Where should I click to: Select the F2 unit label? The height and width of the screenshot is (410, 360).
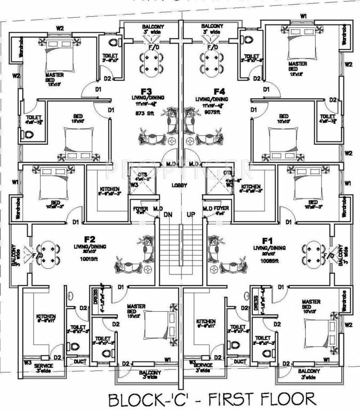(89, 239)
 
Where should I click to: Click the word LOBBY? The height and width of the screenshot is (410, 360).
(179, 185)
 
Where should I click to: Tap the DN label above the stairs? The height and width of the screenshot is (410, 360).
(168, 214)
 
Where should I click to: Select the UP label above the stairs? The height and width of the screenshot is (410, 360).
(191, 214)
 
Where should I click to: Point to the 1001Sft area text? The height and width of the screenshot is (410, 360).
(89, 259)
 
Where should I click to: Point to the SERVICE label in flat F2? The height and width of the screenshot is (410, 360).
(43, 366)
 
